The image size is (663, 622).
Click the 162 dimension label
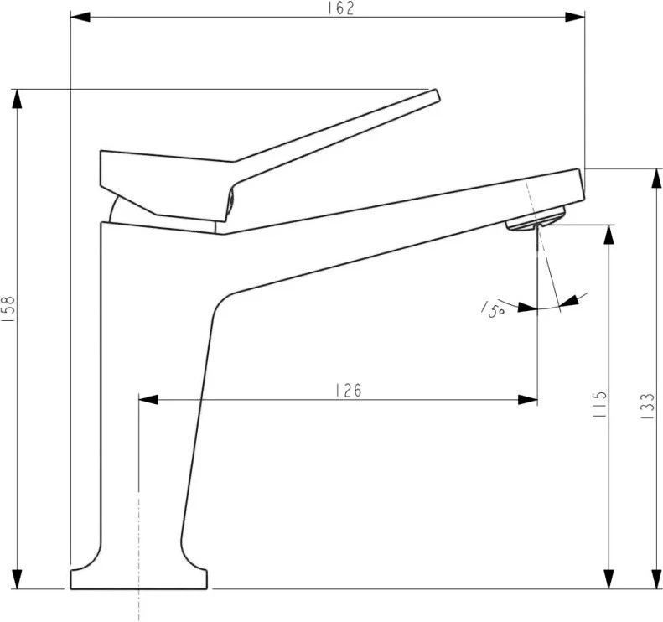pyautogui.click(x=341, y=9)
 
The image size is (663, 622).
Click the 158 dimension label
pyautogui.click(x=9, y=309)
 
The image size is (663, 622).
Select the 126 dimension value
pyautogui.click(x=349, y=391)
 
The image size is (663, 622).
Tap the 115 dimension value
pyautogui.click(x=599, y=405)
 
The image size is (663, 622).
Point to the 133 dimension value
pyautogui.click(x=647, y=406)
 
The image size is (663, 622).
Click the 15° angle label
pyautogui.click(x=493, y=310)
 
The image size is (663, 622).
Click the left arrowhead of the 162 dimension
pyautogui.click(x=80, y=17)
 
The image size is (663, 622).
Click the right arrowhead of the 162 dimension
pyautogui.click(x=575, y=17)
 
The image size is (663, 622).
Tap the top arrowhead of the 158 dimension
pyautogui.click(x=17, y=99)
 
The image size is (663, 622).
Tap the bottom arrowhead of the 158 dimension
pyautogui.click(x=17, y=579)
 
